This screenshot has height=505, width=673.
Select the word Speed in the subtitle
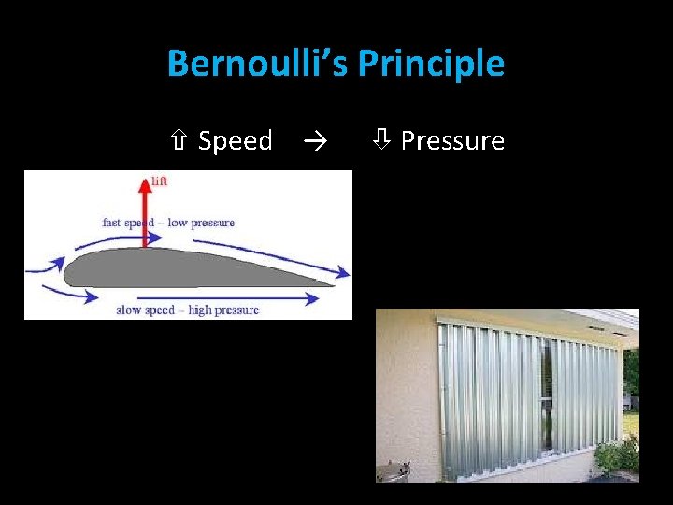235,141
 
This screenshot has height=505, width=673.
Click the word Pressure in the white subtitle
452,141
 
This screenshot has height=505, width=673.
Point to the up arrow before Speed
181,141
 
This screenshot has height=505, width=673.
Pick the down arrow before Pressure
382,141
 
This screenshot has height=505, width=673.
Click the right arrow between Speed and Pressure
314,141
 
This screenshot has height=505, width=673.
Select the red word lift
159,180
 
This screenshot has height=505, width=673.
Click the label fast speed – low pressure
168,223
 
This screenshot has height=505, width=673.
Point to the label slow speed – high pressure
187,310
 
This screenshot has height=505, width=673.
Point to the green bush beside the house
617,455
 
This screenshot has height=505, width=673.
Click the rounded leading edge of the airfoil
65,272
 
